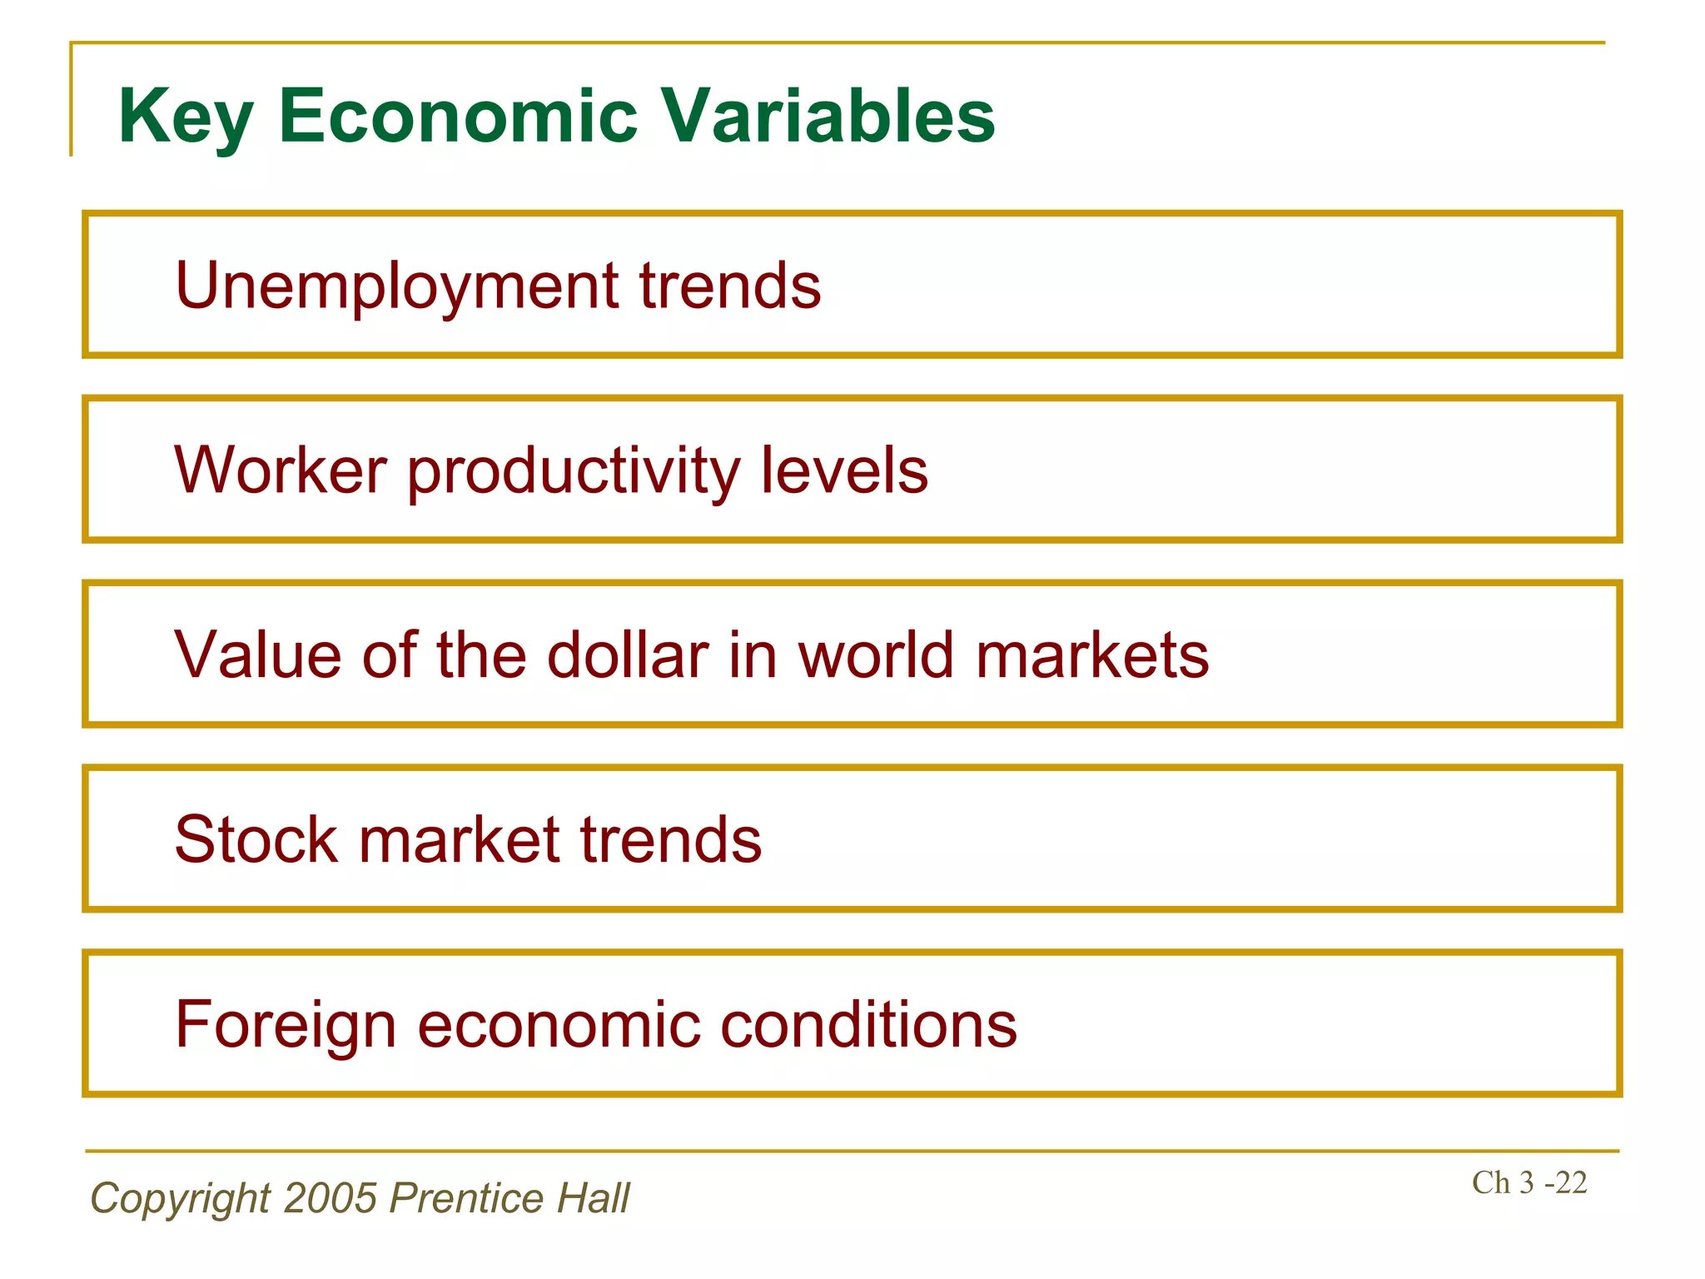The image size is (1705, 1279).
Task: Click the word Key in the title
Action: [x=185, y=117]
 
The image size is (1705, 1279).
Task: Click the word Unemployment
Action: [x=396, y=286]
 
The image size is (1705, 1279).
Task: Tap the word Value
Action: [x=257, y=655]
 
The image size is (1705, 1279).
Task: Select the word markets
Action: [x=1091, y=655]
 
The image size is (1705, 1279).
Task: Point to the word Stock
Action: [x=256, y=839]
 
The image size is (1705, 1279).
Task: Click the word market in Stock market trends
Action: [x=459, y=839]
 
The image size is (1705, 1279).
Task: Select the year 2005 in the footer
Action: [x=331, y=1198]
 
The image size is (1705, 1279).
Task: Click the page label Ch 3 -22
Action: [x=1529, y=1182]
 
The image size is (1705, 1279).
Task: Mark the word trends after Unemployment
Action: [x=729, y=286]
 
